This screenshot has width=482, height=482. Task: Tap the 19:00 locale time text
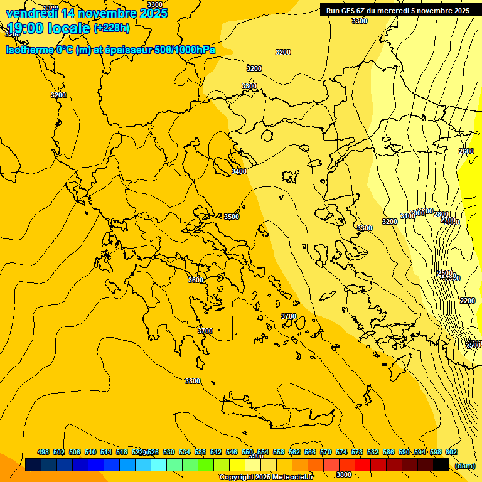click(48, 28)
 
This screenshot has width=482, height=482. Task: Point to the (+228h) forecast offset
click(112, 28)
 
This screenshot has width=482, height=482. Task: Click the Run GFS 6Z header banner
click(398, 11)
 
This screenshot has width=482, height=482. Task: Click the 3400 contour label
click(239, 171)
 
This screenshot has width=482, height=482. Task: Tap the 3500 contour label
click(232, 217)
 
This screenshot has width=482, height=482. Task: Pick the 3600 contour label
click(196, 280)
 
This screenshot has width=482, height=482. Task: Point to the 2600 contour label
click(466, 152)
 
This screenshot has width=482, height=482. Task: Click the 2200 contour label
click(468, 301)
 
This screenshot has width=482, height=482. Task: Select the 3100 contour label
click(407, 216)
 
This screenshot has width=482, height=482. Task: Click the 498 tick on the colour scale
click(43, 453)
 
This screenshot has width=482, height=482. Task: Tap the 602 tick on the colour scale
click(451, 453)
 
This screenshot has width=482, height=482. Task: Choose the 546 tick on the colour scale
click(232, 453)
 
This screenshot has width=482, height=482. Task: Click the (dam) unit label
click(465, 465)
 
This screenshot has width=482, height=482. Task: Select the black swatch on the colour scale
click(441, 464)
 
